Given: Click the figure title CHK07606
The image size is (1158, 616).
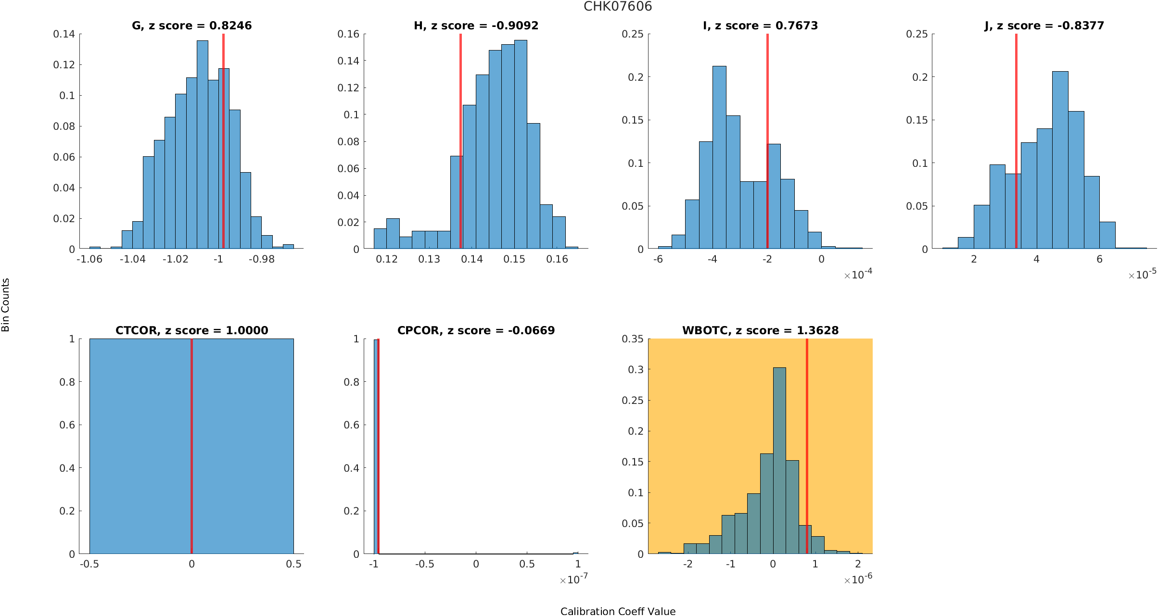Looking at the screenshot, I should pos(618,7).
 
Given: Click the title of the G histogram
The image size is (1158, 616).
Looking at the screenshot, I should pos(191,25).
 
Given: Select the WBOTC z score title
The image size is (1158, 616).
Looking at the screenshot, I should pos(760,330).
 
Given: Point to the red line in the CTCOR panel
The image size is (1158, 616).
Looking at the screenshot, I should pos(191,447).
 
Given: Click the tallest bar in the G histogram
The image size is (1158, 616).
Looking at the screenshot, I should pos(203,144).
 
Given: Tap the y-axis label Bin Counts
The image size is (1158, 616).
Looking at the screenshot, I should pos(6,305).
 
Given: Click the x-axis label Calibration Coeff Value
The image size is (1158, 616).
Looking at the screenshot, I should pos(618,611).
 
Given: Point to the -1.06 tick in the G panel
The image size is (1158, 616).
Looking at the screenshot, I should pos(89,259).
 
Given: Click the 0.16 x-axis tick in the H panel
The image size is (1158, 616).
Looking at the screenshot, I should pos(557,259).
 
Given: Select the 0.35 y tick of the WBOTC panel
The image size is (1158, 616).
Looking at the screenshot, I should pos(632,339).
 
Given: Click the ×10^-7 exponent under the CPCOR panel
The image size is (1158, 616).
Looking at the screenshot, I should pos(573,579).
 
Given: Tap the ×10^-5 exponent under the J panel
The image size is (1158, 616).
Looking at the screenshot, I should pos(1142,275).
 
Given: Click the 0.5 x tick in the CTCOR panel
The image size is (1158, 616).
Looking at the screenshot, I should pos(293,564).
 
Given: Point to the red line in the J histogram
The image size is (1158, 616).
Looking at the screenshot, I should pos(1016,139).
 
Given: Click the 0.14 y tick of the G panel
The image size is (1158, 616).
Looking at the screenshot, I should pos(64,34).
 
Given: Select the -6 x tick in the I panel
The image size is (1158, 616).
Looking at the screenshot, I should pos(658,259).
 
